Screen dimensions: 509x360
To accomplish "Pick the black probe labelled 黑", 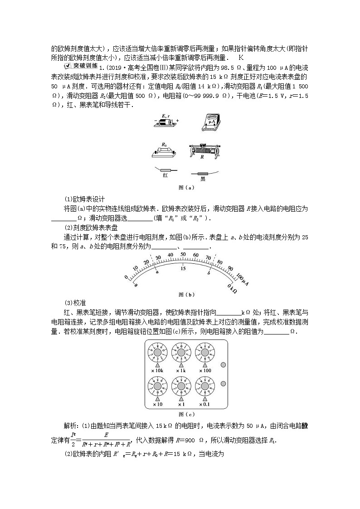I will click(x=203, y=173).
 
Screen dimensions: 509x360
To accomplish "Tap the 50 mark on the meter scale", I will click(x=183, y=254).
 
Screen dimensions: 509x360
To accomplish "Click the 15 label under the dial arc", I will click(x=183, y=268).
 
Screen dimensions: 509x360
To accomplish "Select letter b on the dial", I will click(x=209, y=272).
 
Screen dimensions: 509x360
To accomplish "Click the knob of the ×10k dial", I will click(x=157, y=353).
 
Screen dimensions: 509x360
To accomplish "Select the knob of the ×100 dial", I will click(x=206, y=353).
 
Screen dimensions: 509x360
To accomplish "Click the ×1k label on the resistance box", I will click(x=182, y=371).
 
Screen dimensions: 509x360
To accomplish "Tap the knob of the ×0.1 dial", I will click(x=206, y=386).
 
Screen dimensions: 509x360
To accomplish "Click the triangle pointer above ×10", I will click(x=157, y=398).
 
